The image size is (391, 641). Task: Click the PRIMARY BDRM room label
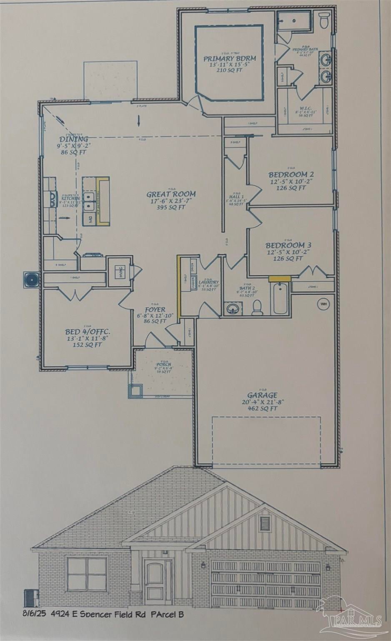[229, 58]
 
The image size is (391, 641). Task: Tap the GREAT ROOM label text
[171, 194]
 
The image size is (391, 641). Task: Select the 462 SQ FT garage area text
[262, 409]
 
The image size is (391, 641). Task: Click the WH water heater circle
[323, 304]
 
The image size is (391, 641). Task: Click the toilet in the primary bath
[324, 18]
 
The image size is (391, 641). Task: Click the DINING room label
[73, 139]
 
